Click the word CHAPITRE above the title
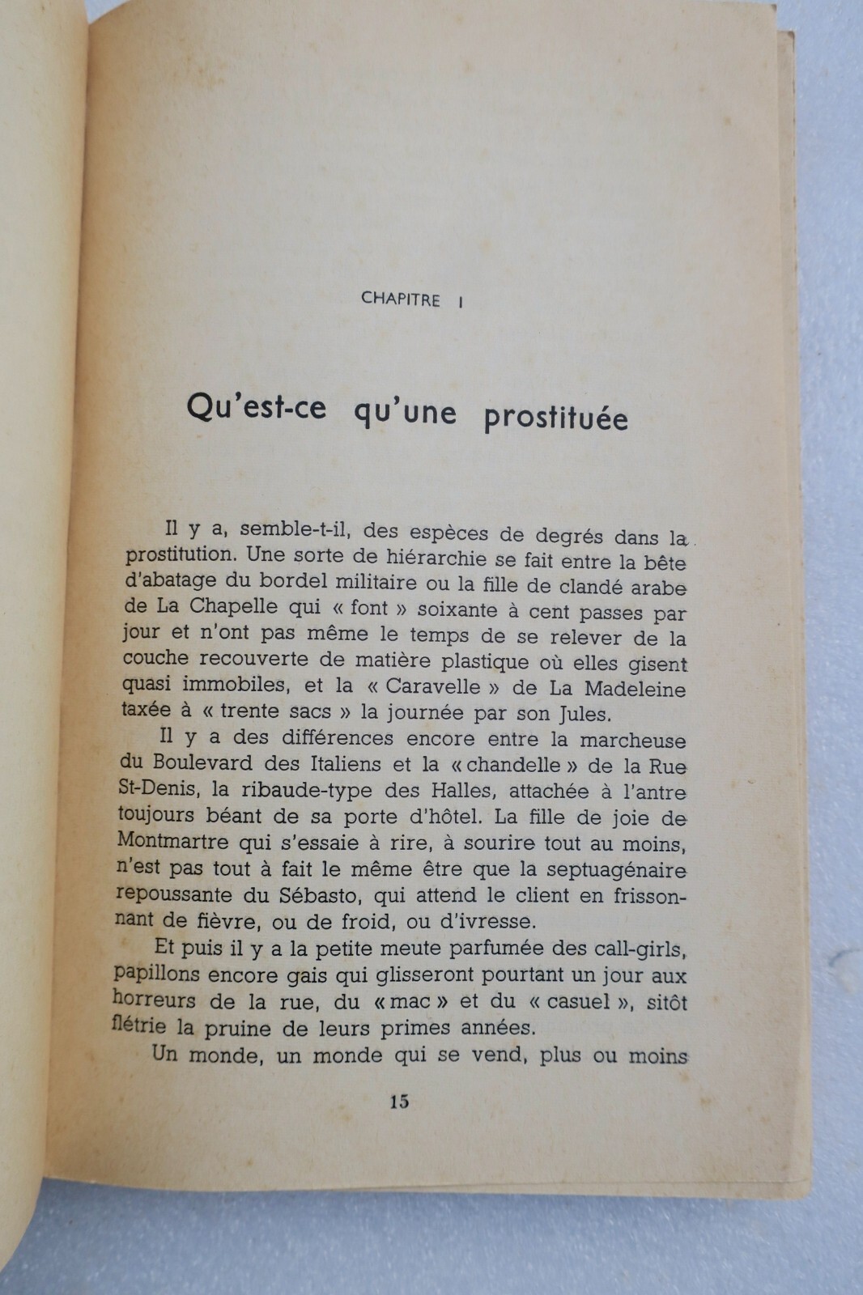[x=400, y=299]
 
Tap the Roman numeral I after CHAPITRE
[x=461, y=301]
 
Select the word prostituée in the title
[x=555, y=418]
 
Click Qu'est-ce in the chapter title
[x=256, y=406]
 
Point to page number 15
[x=399, y=1102]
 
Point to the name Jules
[x=584, y=715]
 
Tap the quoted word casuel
[x=578, y=1002]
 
